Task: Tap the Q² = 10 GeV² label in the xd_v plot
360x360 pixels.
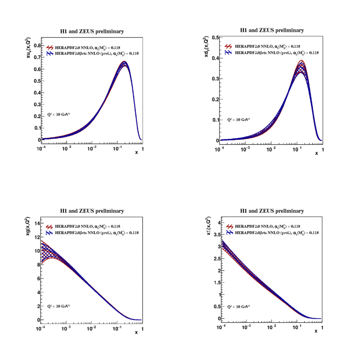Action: point(238,120)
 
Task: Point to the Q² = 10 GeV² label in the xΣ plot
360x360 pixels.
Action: point(238,306)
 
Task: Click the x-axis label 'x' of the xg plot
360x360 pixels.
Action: point(136,332)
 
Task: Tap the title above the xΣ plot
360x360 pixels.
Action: point(272,211)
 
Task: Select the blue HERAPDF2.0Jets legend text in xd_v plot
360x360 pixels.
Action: point(276,53)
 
